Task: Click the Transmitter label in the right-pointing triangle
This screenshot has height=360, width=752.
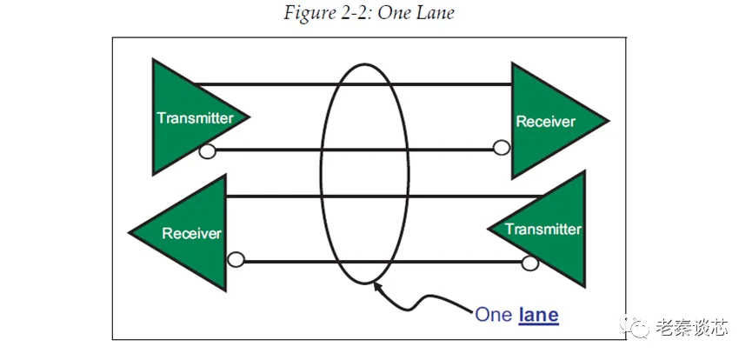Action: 194,118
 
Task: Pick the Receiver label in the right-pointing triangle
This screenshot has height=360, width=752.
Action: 545,122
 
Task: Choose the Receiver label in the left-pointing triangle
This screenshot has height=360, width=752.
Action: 191,233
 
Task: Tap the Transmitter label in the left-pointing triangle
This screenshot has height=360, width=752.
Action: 542,230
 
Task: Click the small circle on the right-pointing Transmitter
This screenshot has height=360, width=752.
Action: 207,152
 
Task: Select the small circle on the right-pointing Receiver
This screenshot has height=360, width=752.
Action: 502,148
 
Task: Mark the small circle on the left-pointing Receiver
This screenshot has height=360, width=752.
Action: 235,258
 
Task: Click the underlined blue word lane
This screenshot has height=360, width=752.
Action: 538,314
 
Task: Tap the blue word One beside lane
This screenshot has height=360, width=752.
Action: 494,314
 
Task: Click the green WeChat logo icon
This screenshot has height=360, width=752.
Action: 640,328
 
